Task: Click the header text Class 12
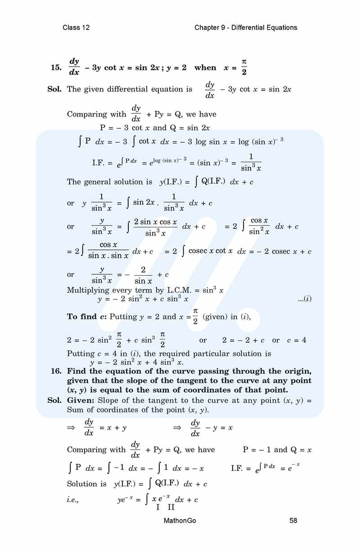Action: click(x=76, y=27)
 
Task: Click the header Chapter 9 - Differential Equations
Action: click(x=246, y=27)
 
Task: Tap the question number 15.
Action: click(x=56, y=68)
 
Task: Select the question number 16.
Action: click(x=56, y=371)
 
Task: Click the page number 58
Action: click(x=293, y=521)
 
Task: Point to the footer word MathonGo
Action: click(x=180, y=521)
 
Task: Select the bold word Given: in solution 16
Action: click(x=81, y=400)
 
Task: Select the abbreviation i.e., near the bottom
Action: click(x=75, y=499)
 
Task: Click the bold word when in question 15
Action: click(x=205, y=68)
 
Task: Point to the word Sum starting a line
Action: click(x=75, y=410)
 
